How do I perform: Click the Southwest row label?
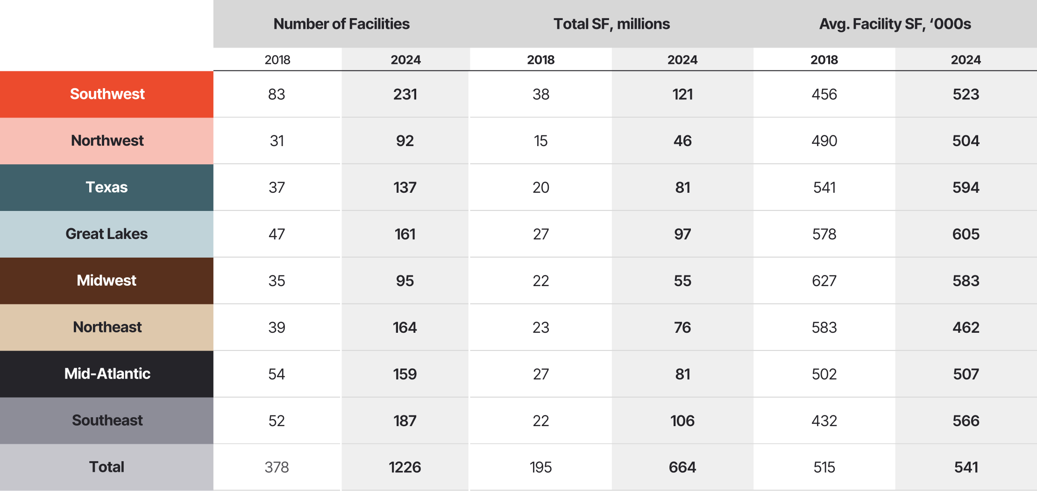pos(107,94)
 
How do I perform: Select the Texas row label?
pos(107,187)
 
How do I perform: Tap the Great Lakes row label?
pos(107,234)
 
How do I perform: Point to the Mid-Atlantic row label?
pos(107,374)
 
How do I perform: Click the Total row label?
pos(107,467)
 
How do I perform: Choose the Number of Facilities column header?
pos(341,24)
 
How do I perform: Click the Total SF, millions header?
pos(611,24)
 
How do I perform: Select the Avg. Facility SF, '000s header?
pos(895,24)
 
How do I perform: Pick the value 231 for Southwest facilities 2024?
pos(405,94)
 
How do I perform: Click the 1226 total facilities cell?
pos(405,467)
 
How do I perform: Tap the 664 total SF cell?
pos(682,467)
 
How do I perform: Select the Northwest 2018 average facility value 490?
pos(824,141)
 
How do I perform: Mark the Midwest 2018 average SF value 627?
pos(824,281)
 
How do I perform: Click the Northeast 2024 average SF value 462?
pos(966,328)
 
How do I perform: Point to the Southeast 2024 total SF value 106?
pos(682,421)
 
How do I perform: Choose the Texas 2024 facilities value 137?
pos(405,188)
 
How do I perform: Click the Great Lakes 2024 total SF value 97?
pos(682,234)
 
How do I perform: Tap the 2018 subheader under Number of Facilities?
pos(277,60)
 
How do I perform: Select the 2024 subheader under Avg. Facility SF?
pos(966,60)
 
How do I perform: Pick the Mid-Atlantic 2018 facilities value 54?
pos(277,374)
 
